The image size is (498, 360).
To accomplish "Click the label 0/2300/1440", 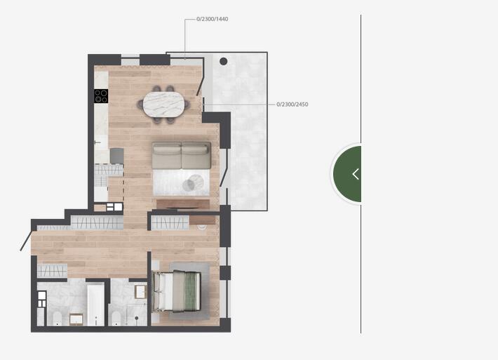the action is pos(212,19).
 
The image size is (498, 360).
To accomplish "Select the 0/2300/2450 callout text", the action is pos(292,105).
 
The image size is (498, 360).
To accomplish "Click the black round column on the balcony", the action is pos(223,61).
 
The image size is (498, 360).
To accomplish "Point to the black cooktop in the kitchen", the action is pos(101,96).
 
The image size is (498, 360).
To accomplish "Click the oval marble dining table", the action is pos(163,105).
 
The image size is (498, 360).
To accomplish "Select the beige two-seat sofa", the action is pos(182,155).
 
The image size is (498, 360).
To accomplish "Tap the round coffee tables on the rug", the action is pos(192,183).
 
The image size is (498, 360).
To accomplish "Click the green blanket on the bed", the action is pos(191,291).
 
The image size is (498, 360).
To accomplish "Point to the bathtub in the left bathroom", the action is pos(95,305).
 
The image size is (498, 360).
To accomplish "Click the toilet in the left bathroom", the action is pos(58,319).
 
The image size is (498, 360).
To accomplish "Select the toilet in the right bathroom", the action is pos(116,319).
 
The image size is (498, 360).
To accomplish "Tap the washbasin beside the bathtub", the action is pos(76,319).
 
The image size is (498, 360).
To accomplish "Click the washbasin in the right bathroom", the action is pos(140,292).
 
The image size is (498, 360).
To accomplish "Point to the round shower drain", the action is pos(137,318).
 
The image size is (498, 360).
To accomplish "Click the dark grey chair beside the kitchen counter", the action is pos(117,156).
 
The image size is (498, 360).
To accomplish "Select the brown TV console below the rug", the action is pos(183,204).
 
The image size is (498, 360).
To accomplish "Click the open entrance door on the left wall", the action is pos(26,241).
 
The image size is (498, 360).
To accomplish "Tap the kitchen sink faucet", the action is pos(97,142).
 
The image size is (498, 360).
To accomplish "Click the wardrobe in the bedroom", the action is pos(170,223).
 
